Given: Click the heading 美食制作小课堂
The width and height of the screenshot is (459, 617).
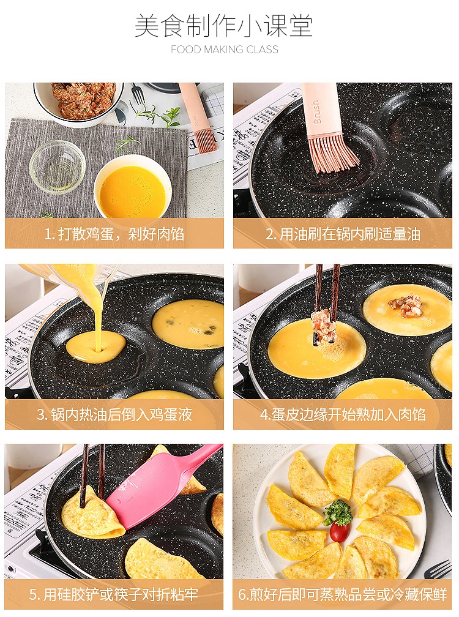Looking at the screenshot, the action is click(x=224, y=26).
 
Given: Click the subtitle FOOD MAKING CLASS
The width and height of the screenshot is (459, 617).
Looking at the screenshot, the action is click(x=225, y=50).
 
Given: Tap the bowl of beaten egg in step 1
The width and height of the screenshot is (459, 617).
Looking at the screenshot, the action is click(x=133, y=188).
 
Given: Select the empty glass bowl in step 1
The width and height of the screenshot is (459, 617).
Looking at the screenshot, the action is click(x=58, y=167).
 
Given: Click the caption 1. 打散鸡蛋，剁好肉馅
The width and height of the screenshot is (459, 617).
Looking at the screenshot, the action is click(x=114, y=234).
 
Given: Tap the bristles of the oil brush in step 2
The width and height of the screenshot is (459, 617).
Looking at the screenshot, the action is click(x=333, y=154).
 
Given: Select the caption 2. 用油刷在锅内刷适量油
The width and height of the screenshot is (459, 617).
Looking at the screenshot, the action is click(x=343, y=234).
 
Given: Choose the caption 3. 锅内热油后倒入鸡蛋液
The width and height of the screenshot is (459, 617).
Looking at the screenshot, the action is click(x=114, y=414).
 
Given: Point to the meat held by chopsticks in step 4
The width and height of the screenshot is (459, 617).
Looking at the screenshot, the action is click(x=324, y=325).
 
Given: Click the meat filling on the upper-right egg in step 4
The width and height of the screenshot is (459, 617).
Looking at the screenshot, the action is click(x=406, y=305).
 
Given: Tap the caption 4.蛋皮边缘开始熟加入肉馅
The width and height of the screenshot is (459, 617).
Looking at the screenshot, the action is click(x=343, y=414).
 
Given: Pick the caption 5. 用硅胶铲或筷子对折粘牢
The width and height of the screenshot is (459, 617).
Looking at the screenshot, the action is click(x=114, y=594).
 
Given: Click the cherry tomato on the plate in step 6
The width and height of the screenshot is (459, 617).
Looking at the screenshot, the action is click(x=340, y=531).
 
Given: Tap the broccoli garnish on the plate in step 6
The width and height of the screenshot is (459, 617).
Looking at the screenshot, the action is click(x=338, y=512).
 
